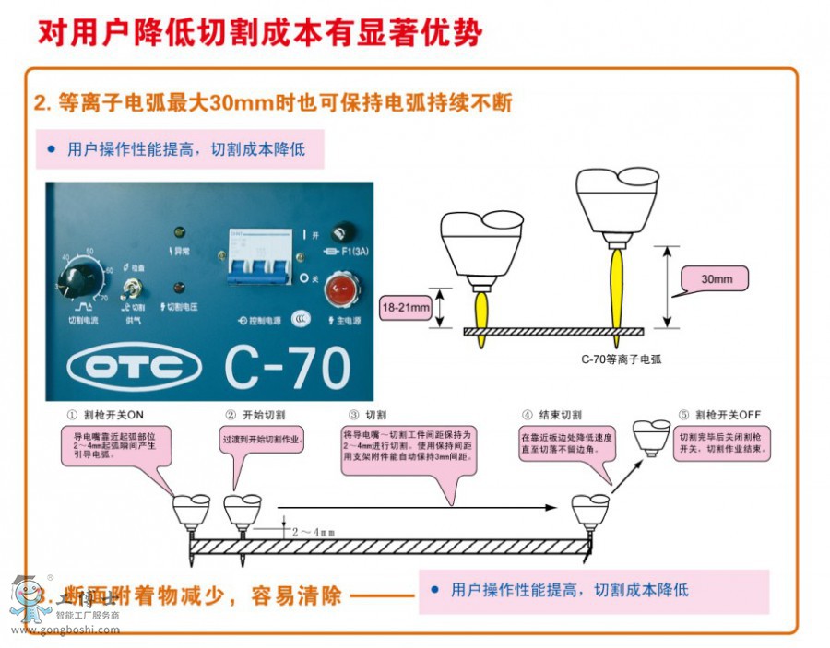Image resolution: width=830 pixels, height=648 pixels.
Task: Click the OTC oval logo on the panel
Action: [x=135, y=370]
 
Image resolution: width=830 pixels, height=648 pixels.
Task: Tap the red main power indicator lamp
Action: [x=340, y=293]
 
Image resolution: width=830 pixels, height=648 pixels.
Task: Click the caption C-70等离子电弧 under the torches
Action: [x=621, y=359]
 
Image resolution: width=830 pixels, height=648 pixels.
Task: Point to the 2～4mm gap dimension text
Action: [x=314, y=532]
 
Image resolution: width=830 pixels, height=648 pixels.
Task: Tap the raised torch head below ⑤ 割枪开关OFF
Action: [x=652, y=434]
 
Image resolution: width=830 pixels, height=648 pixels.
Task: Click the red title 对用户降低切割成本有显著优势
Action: [x=260, y=33]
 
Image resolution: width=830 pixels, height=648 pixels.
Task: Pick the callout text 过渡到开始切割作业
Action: [x=261, y=439]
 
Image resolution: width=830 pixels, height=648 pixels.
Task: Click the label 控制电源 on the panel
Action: [x=264, y=320]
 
